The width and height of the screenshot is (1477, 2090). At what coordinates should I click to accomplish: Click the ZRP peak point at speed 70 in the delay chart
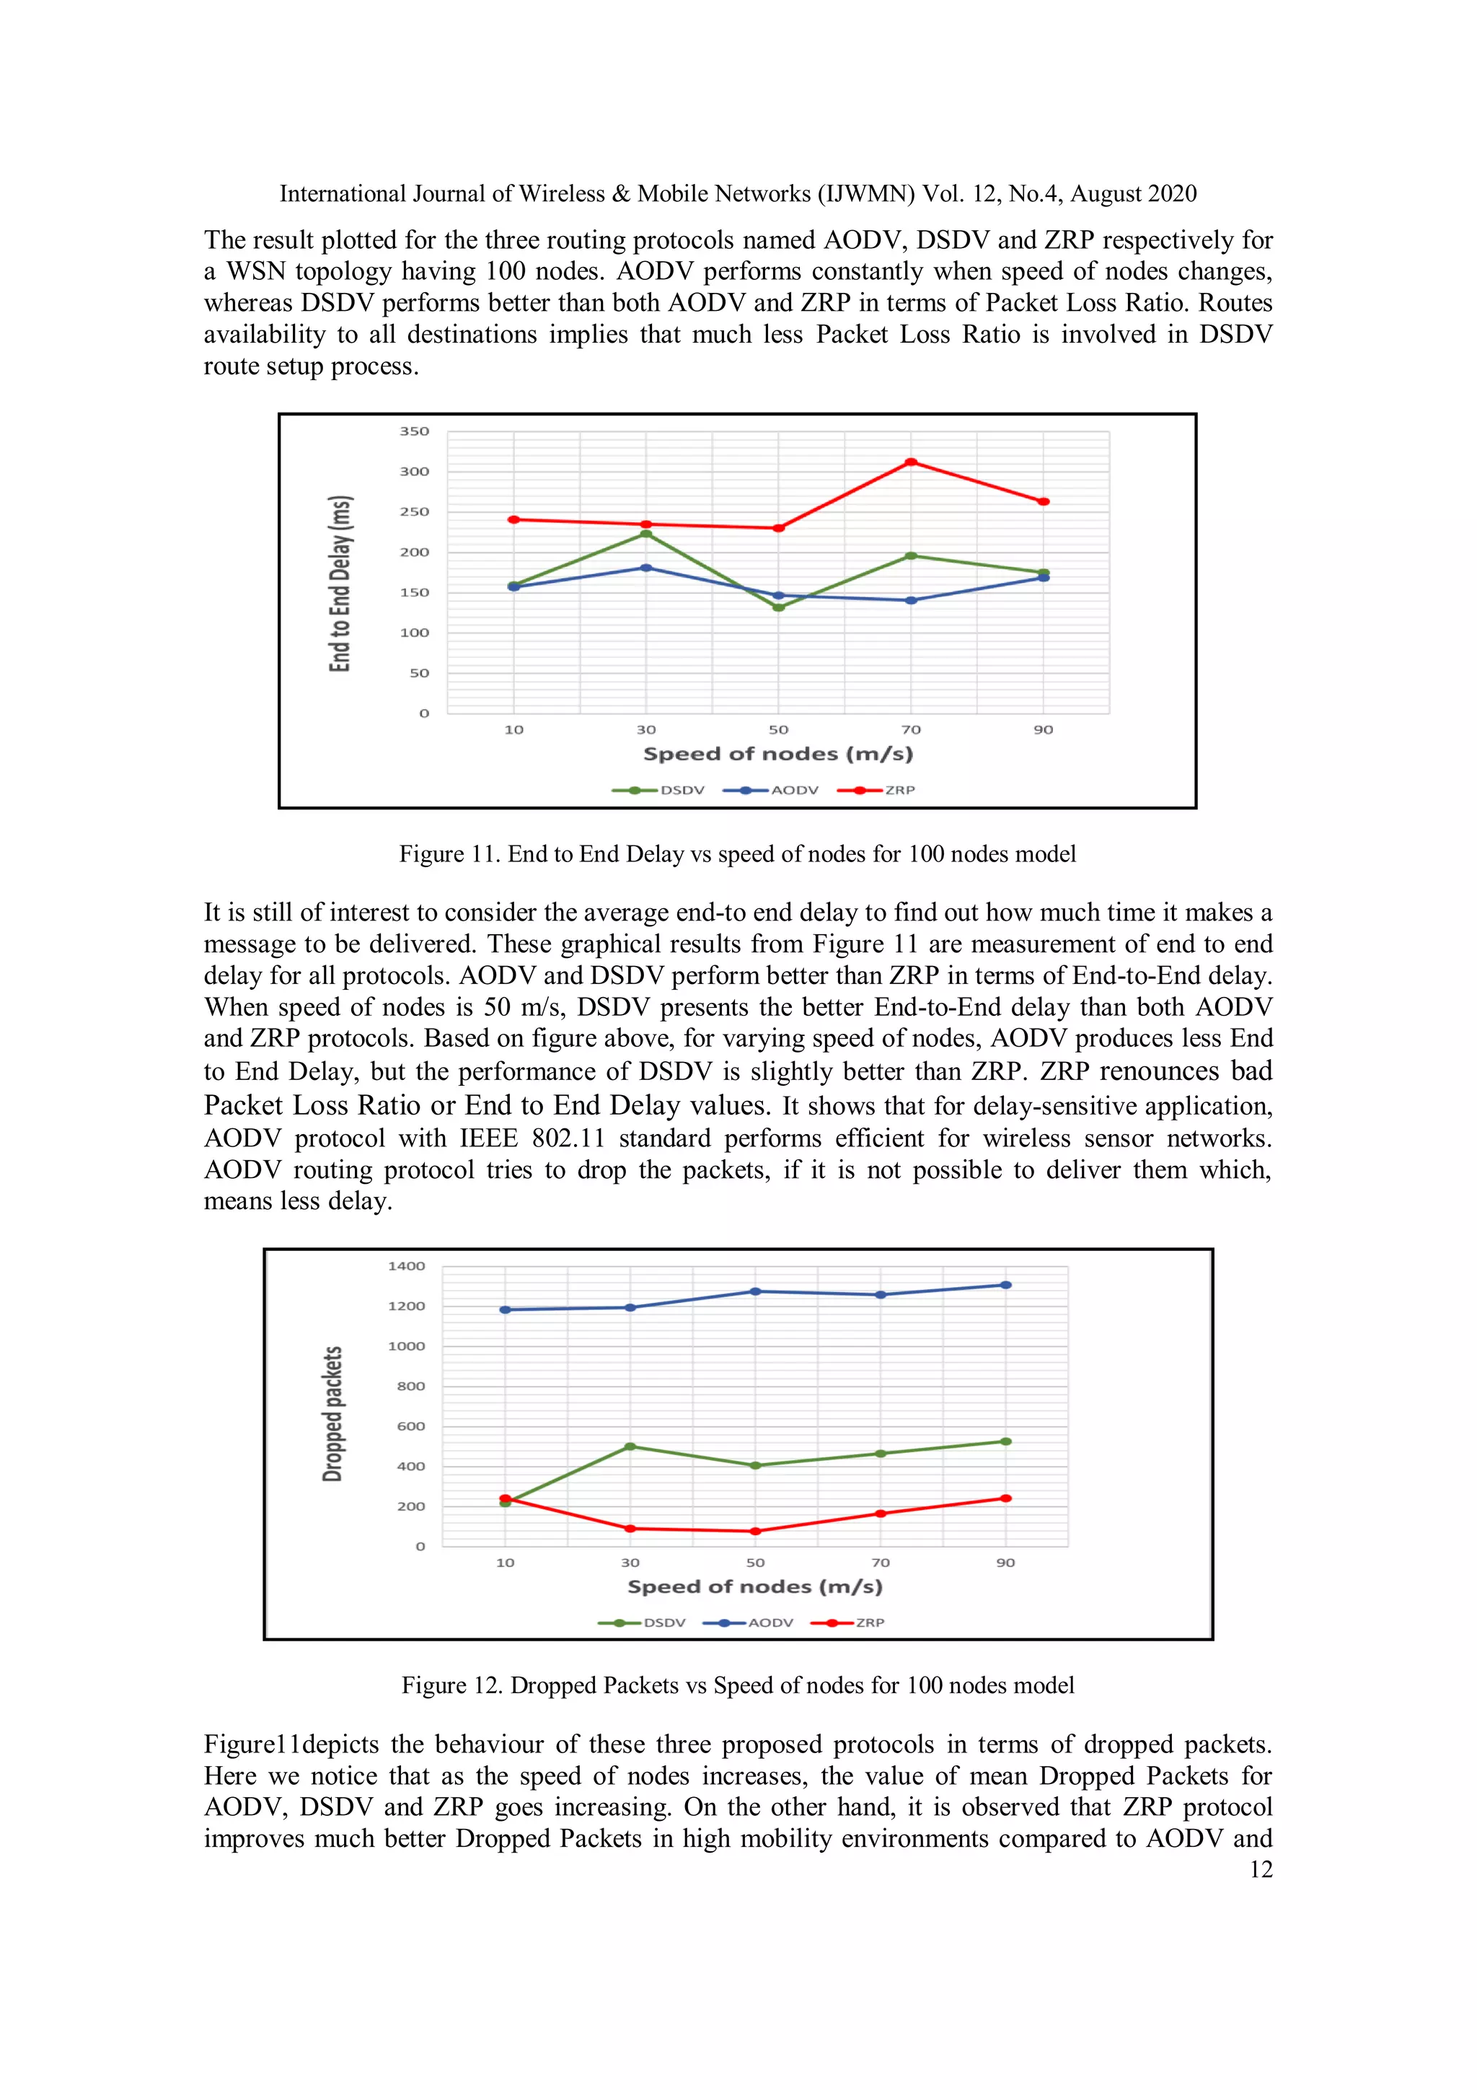[910, 462]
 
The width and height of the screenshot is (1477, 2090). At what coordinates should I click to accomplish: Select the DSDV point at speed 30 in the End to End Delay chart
[646, 533]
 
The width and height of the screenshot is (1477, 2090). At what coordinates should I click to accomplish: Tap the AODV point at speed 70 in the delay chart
[910, 601]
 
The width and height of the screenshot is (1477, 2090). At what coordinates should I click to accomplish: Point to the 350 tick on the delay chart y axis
[414, 431]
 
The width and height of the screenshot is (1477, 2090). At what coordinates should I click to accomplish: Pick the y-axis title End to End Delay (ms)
[340, 584]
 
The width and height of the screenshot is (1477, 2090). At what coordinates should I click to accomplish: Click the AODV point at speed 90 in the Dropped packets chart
[1005, 1286]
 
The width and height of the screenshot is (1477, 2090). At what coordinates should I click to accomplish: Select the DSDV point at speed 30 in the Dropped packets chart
[630, 1446]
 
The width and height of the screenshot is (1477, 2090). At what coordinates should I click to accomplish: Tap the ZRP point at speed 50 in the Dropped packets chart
[754, 1531]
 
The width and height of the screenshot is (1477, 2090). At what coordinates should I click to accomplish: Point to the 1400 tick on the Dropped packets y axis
[406, 1266]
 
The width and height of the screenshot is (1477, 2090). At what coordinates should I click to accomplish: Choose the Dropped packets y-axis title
[333, 1414]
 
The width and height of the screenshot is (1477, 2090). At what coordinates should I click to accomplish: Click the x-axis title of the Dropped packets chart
[754, 1586]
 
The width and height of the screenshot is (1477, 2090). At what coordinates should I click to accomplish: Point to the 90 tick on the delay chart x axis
[1043, 730]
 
